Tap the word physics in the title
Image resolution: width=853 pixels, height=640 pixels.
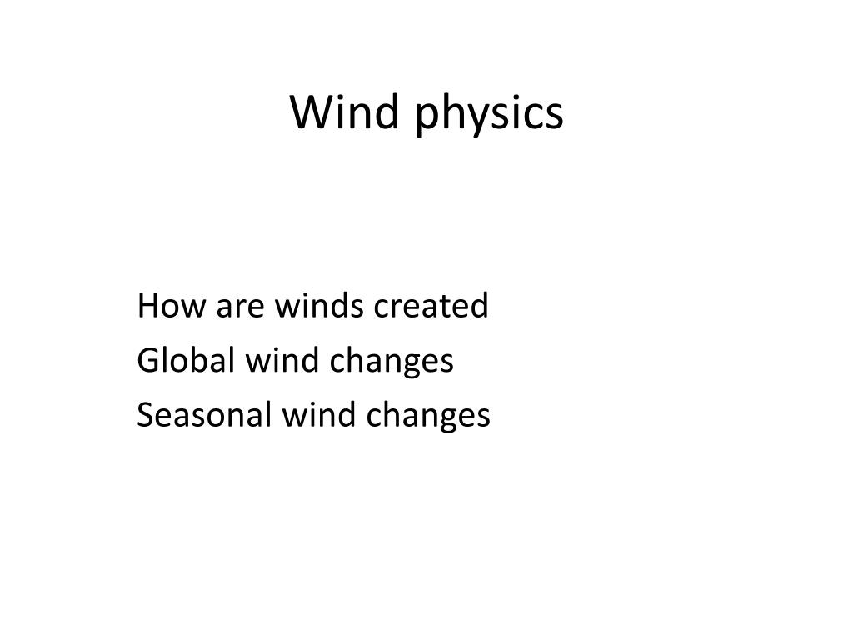click(488, 115)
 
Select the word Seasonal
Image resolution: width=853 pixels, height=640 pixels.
click(200, 415)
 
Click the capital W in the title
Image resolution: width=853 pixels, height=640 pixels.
click(308, 112)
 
